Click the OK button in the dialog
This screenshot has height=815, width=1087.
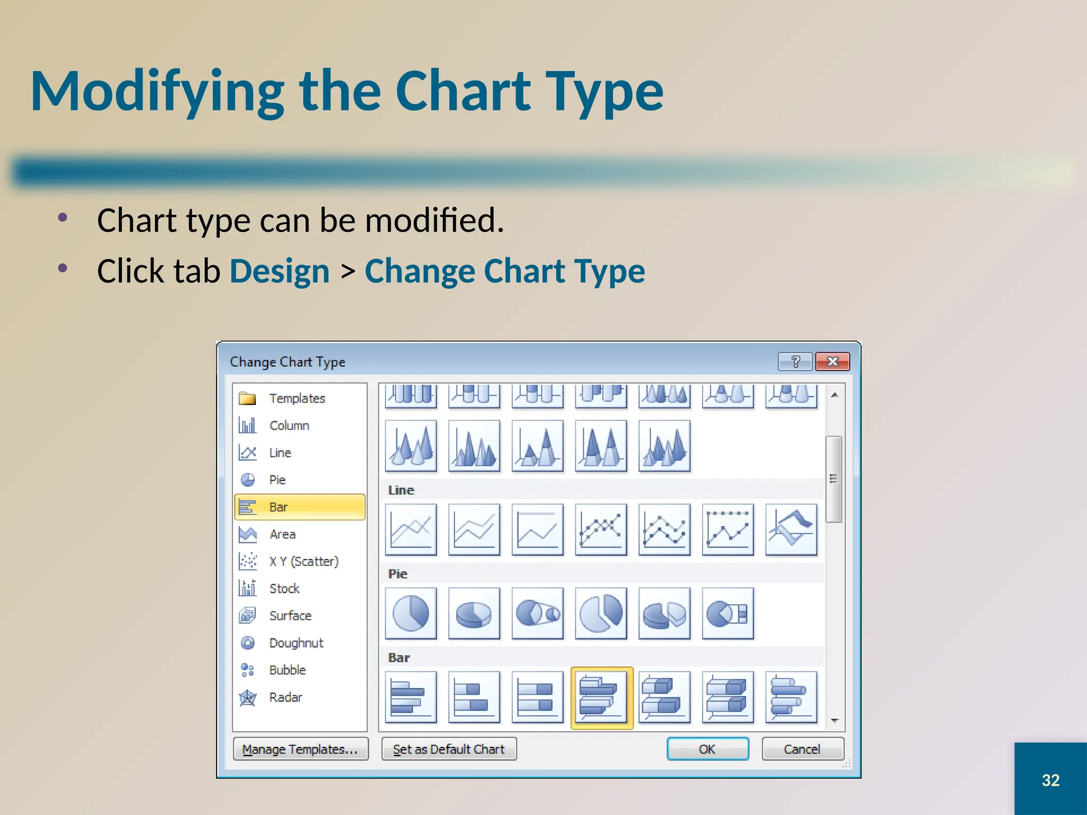pyautogui.click(x=707, y=749)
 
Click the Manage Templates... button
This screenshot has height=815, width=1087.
pyautogui.click(x=300, y=749)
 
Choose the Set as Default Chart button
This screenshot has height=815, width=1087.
pyautogui.click(x=448, y=749)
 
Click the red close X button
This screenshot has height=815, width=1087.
pyautogui.click(x=832, y=361)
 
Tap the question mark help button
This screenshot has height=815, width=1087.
pyautogui.click(x=795, y=361)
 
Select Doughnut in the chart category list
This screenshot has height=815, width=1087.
pyautogui.click(x=296, y=643)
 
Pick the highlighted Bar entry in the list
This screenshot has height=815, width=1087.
pyautogui.click(x=299, y=507)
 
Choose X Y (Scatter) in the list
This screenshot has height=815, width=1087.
pyautogui.click(x=303, y=561)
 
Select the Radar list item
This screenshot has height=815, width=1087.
pyautogui.click(x=285, y=697)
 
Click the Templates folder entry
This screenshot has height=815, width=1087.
pyautogui.click(x=296, y=398)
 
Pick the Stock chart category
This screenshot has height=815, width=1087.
pyautogui.click(x=284, y=588)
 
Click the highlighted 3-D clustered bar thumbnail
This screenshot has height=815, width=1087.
pyautogui.click(x=601, y=697)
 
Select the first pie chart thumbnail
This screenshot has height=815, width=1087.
pyautogui.click(x=411, y=613)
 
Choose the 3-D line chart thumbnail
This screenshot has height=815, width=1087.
pyautogui.click(x=791, y=529)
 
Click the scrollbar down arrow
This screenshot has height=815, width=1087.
pyautogui.click(x=834, y=721)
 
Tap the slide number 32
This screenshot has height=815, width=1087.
pyautogui.click(x=1050, y=780)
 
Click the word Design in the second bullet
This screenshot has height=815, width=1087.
pyautogui.click(x=280, y=271)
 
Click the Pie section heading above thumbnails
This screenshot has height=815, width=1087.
pyautogui.click(x=398, y=574)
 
